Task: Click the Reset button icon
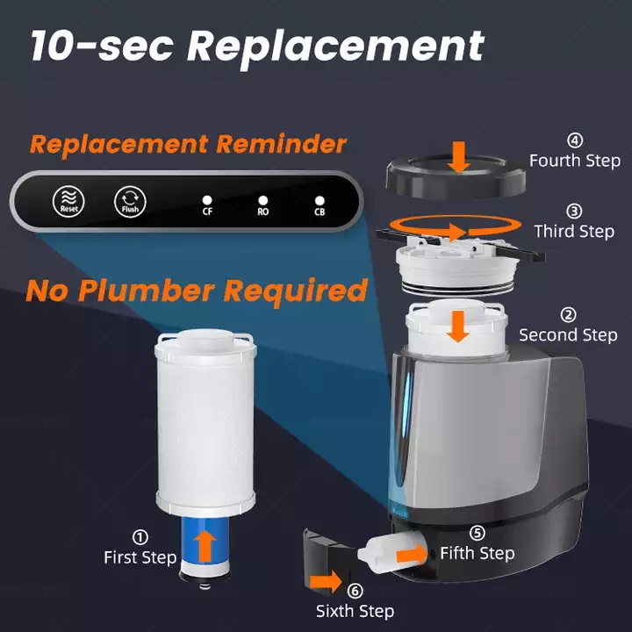(68, 201)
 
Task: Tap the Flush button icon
(130, 202)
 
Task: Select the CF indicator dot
(207, 200)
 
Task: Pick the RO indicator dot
(262, 200)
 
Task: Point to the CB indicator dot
(320, 201)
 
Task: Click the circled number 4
(575, 140)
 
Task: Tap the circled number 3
(574, 211)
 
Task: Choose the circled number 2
(568, 315)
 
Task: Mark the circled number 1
(140, 537)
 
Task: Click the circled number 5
(478, 533)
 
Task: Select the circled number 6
(355, 591)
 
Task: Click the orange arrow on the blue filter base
(205, 546)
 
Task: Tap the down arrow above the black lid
(459, 157)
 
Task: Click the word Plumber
(146, 291)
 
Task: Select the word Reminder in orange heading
(282, 144)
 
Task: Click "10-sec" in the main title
(103, 45)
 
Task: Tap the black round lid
(456, 177)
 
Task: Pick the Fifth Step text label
(478, 553)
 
